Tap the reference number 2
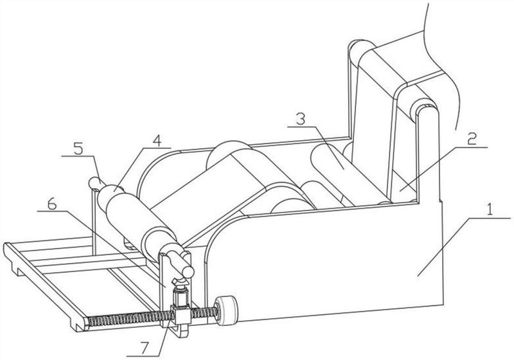472,139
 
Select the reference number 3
301,118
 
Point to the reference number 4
157,141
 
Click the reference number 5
78,149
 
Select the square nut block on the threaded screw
181,314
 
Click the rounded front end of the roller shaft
188,271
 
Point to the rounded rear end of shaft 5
94,183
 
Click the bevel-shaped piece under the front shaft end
180,282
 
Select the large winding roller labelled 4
141,223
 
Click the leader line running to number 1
464,247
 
